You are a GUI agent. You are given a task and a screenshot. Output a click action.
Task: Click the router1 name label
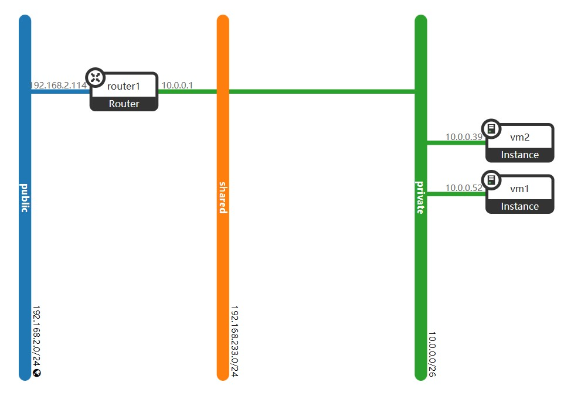[x=124, y=86]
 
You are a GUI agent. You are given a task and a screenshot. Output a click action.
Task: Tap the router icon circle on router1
[x=96, y=77]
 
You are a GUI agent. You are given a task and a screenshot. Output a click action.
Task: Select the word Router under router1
[x=124, y=104]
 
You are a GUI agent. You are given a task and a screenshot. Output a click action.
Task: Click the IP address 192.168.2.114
[x=58, y=86]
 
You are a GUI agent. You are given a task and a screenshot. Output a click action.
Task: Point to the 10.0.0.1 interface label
[x=177, y=86]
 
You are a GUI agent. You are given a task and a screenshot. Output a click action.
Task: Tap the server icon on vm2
[x=491, y=129]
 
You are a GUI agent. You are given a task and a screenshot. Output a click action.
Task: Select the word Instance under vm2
[x=519, y=155]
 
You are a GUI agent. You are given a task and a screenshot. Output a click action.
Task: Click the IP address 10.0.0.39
[x=464, y=137]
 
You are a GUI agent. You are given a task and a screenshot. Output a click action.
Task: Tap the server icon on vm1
[x=491, y=180]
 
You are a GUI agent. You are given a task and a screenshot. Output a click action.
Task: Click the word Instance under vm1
[x=519, y=206]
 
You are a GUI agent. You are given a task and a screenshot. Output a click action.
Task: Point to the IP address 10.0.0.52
[x=464, y=188]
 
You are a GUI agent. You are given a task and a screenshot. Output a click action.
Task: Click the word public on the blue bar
[x=25, y=197]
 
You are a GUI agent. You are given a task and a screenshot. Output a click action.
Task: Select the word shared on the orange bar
[x=223, y=197]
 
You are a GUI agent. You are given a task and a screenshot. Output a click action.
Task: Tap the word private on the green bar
[x=420, y=197]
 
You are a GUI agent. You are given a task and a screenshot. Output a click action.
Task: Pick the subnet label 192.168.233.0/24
[x=235, y=341]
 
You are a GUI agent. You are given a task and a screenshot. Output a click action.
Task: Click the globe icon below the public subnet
[x=37, y=373]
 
